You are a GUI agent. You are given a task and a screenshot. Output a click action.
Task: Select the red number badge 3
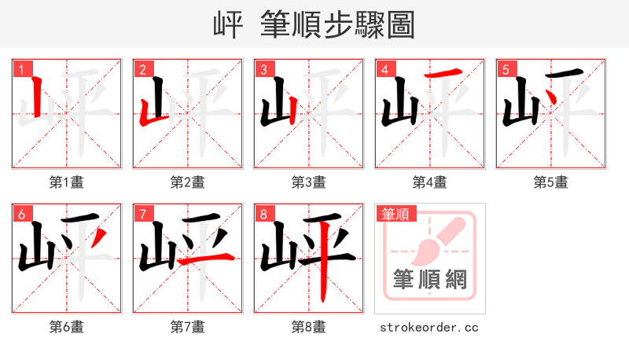264,69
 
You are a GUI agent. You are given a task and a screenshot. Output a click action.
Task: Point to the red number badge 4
385,69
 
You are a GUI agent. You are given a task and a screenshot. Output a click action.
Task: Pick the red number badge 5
506,69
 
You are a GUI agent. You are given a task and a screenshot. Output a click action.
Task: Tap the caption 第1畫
67,182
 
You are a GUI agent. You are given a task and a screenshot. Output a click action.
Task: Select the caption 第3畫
309,182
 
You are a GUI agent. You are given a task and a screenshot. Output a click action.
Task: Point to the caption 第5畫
551,182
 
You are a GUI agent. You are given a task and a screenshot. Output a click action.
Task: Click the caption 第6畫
67,326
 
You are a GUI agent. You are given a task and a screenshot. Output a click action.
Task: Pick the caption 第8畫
309,326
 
